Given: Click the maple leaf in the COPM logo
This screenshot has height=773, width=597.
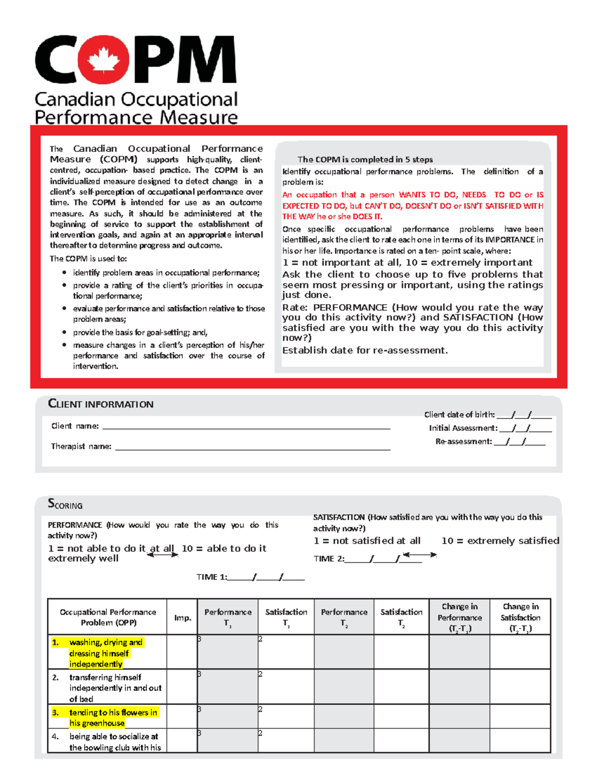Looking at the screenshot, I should click(x=103, y=59).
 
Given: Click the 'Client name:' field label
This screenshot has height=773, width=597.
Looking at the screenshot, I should click(x=75, y=426).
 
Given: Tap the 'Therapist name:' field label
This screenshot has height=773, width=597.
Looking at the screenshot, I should click(x=81, y=446).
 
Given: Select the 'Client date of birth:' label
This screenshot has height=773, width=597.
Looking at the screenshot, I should click(x=459, y=415).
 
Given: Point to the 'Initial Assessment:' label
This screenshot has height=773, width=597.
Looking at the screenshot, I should click(x=463, y=428).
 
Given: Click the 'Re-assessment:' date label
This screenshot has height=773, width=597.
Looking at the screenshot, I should click(x=464, y=442).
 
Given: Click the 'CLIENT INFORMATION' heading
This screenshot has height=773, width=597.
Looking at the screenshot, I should click(x=100, y=404).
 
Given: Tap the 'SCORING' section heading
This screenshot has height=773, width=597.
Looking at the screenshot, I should click(x=65, y=504).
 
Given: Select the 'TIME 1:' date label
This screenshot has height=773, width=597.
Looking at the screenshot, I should click(x=211, y=577).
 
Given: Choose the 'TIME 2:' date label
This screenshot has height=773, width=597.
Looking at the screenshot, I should click(x=328, y=558).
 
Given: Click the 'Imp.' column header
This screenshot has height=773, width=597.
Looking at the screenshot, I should click(x=183, y=618).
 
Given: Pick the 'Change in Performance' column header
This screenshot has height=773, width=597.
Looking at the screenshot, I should click(x=459, y=617).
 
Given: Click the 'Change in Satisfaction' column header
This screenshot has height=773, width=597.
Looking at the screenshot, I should click(x=520, y=617).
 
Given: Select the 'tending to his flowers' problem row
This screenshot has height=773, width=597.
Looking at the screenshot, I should click(x=113, y=718).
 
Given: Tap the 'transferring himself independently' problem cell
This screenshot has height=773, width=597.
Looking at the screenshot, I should click(x=115, y=688).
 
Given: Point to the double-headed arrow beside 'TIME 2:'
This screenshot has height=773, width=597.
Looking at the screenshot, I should click(x=419, y=554).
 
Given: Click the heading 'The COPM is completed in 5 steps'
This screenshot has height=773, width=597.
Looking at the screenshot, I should click(x=365, y=159).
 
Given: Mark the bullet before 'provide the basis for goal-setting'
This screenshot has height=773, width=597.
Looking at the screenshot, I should click(x=64, y=332).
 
